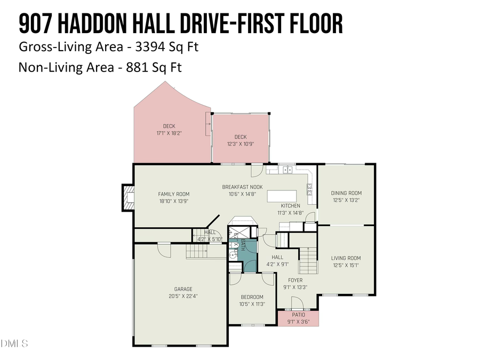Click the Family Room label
pyautogui.click(x=173, y=194)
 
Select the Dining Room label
pyautogui.click(x=346, y=193)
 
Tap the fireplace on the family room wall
pyautogui.click(x=128, y=197)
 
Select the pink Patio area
pyautogui.click(x=298, y=318)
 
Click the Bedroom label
pyautogui.click(x=252, y=297)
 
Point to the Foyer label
pyautogui.click(x=295, y=280)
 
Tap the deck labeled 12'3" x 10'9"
pyautogui.click(x=240, y=140)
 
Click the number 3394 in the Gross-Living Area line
pyautogui.click(x=151, y=47)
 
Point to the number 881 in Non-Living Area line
pyautogui.click(x=140, y=68)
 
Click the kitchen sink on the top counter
pyautogui.click(x=287, y=170)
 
